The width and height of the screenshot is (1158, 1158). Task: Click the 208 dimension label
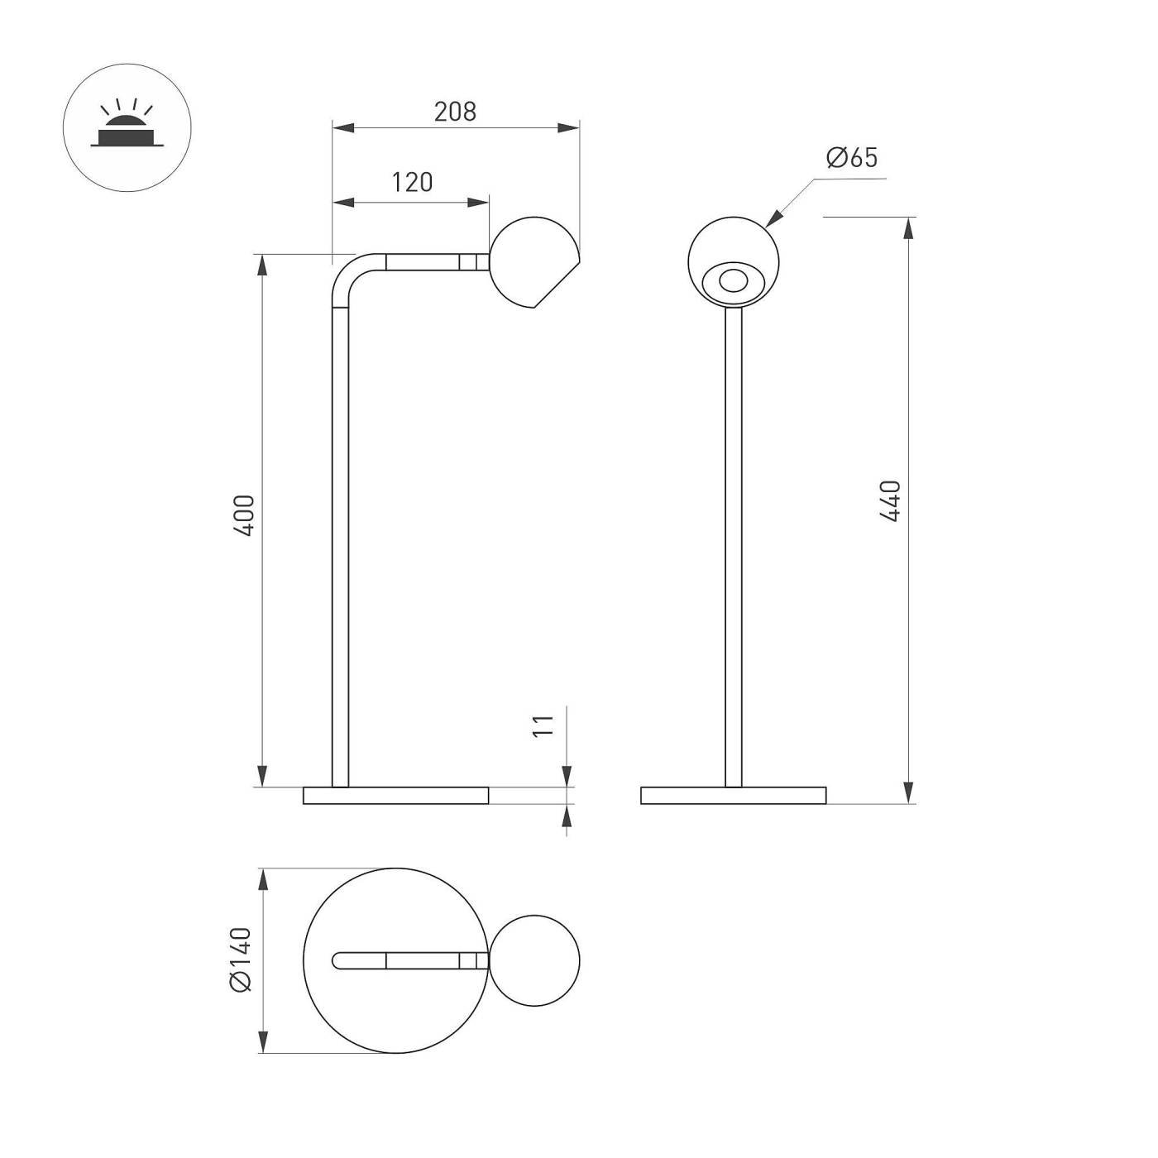click(x=455, y=112)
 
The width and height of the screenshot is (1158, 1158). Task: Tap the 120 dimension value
click(x=412, y=182)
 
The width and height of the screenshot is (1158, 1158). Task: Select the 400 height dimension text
click(x=244, y=515)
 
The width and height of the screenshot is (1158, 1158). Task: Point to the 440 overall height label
click(x=890, y=500)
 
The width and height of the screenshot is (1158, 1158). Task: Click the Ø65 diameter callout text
click(x=852, y=157)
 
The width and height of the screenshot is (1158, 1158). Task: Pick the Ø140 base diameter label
click(x=240, y=959)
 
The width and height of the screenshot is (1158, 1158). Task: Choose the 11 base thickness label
click(x=543, y=725)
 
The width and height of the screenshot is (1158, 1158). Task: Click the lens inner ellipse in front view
click(x=731, y=281)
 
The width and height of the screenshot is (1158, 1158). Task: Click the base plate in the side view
click(x=395, y=796)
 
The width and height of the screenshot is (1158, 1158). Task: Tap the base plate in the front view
click(x=733, y=796)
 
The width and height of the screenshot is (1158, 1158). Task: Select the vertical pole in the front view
click(x=733, y=546)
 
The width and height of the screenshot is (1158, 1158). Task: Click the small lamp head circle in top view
click(x=535, y=960)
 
